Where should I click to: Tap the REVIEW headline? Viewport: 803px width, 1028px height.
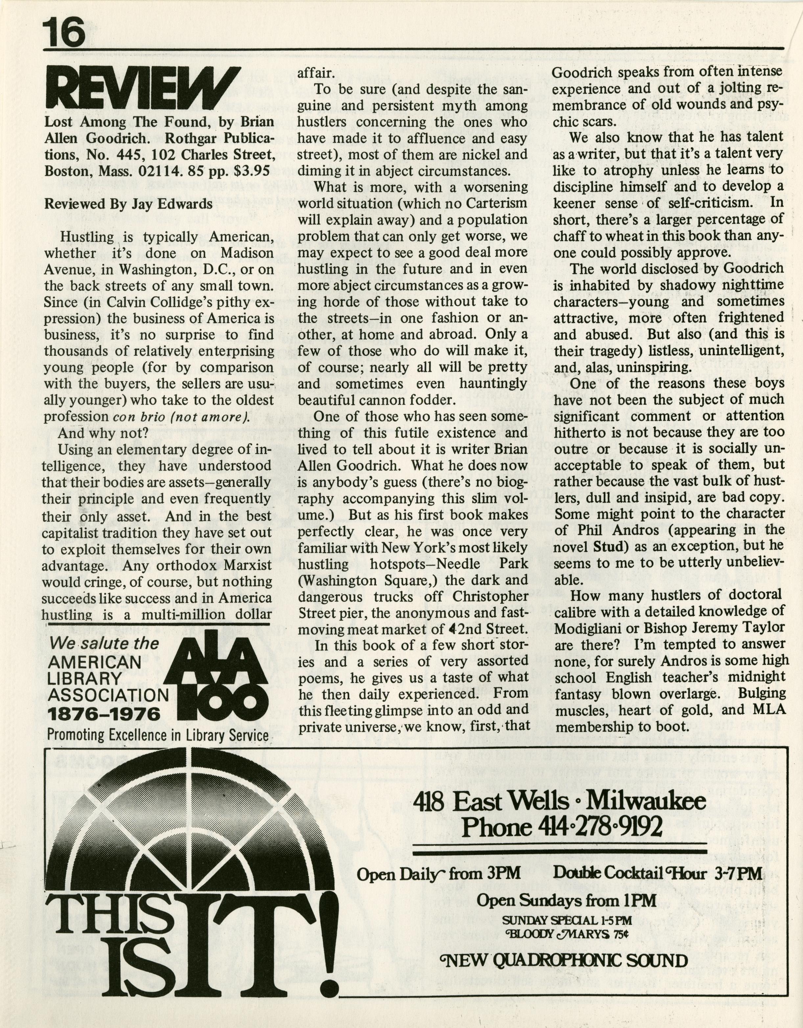pos(142,88)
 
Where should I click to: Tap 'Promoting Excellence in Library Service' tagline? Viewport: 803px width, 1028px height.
pos(158,735)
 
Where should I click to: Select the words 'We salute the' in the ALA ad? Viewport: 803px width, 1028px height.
pos(104,643)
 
